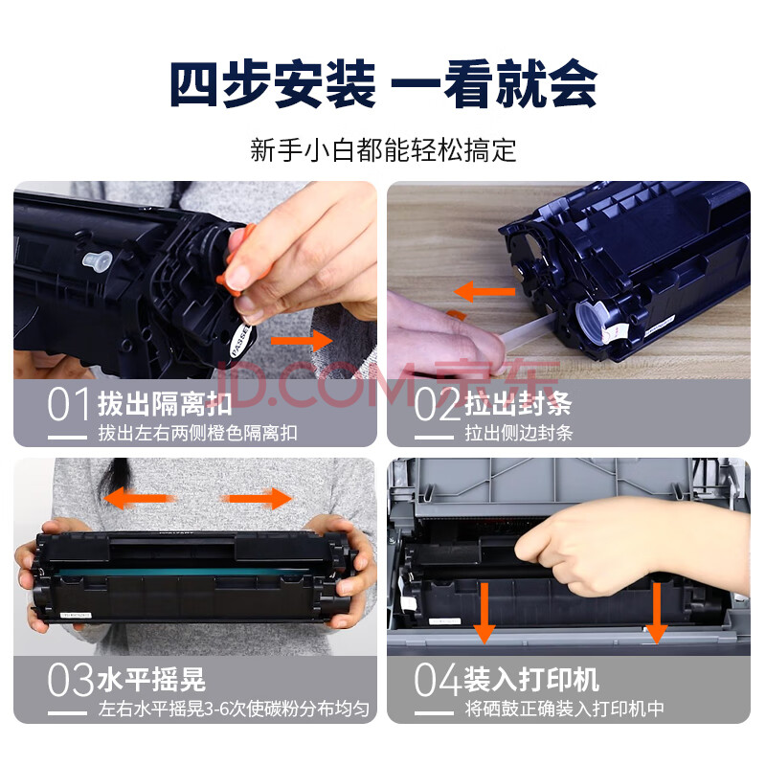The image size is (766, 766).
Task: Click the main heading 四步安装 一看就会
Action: (x=384, y=83)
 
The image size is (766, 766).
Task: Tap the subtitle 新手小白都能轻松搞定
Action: (x=383, y=150)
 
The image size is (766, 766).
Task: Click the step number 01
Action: (x=69, y=404)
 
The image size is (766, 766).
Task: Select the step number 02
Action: (x=437, y=404)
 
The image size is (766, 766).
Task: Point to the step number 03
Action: (x=70, y=679)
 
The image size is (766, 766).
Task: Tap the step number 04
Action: (x=438, y=679)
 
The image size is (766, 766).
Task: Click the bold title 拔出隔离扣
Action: (x=165, y=403)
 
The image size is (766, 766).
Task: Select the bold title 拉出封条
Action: (x=518, y=403)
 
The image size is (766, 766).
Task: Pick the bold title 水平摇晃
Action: (x=151, y=679)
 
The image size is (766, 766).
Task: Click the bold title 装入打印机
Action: (x=531, y=679)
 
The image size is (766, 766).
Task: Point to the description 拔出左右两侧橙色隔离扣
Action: (x=198, y=433)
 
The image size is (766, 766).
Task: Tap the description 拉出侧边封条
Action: (x=519, y=433)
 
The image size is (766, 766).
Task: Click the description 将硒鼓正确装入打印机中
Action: (x=564, y=709)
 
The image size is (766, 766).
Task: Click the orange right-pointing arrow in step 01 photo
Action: (x=302, y=341)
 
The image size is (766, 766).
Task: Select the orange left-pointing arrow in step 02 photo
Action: (x=484, y=292)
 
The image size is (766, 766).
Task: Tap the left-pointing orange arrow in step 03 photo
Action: (x=137, y=498)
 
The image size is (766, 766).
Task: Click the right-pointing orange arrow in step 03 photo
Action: (x=257, y=498)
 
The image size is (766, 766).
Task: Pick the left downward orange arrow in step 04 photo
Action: (x=484, y=613)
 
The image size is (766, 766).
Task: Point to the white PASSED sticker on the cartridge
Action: (x=240, y=340)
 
